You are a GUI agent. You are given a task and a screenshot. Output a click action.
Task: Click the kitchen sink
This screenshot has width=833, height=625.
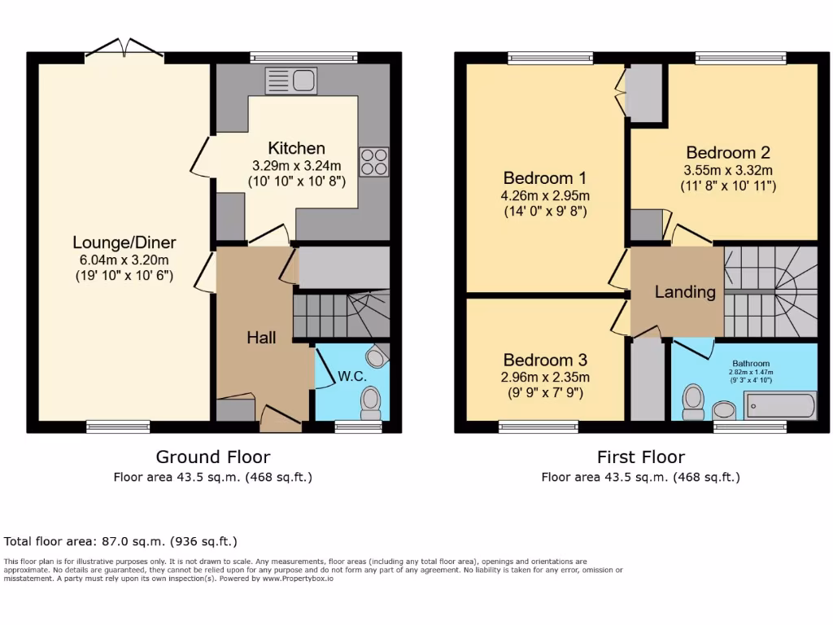(x=291, y=81)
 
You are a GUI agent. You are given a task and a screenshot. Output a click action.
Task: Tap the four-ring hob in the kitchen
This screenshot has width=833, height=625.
(x=373, y=162)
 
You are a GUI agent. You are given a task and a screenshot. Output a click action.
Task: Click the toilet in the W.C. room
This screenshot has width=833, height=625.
(x=371, y=402)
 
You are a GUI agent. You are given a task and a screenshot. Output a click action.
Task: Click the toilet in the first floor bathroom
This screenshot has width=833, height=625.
(x=693, y=401)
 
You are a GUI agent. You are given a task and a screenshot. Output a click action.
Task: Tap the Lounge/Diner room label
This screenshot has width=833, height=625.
(x=124, y=243)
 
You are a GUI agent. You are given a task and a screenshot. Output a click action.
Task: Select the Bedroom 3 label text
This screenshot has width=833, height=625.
(x=545, y=360)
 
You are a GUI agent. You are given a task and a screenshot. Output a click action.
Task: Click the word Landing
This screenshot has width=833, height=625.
(x=685, y=291)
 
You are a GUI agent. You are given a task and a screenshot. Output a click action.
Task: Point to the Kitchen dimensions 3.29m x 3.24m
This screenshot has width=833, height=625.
(x=297, y=165)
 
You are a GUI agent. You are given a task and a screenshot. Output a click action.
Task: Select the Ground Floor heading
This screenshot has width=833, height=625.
(x=213, y=457)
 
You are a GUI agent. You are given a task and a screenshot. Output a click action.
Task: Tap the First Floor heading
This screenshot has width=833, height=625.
(x=641, y=457)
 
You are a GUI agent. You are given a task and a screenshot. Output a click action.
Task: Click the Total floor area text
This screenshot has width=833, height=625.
(x=120, y=541)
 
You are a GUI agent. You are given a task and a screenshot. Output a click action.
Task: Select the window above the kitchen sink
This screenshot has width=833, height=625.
(x=303, y=57)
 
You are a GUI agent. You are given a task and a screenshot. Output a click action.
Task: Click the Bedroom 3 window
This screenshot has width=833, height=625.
(x=539, y=426)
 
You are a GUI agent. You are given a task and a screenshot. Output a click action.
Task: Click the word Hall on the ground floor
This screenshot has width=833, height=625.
(x=260, y=337)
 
